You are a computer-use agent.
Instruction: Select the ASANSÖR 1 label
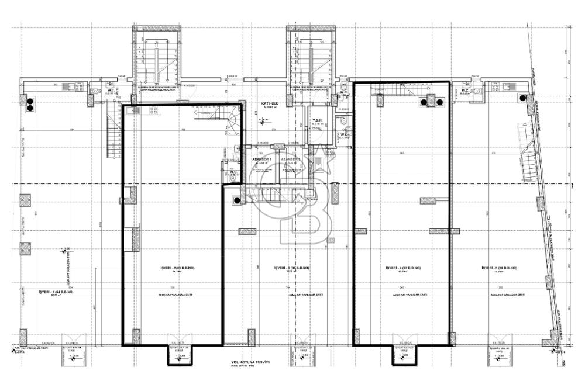coord(260,159)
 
